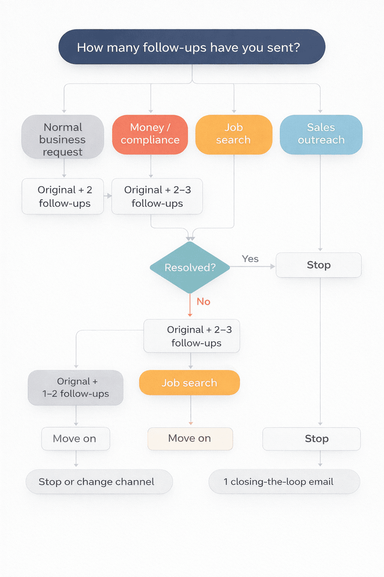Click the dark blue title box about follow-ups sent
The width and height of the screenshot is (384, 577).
[x=192, y=47]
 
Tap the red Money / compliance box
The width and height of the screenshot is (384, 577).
[x=150, y=134]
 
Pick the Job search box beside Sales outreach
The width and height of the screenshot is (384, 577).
[x=234, y=134]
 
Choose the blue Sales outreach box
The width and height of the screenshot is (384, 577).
[x=321, y=134]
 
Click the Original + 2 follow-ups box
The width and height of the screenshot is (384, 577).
[x=63, y=196]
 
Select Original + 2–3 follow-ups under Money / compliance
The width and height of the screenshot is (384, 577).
[x=157, y=196]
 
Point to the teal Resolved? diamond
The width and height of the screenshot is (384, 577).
[x=190, y=267]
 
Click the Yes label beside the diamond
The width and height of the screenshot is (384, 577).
[x=250, y=259]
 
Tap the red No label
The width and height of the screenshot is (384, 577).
[x=203, y=302]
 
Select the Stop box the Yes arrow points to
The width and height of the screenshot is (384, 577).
[x=319, y=265]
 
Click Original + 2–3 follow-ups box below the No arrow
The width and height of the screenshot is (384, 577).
[x=192, y=336]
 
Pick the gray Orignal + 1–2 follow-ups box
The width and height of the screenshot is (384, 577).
[x=75, y=388]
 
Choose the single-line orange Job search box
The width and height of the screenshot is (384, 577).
[x=189, y=383]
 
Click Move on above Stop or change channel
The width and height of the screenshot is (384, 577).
[x=75, y=439]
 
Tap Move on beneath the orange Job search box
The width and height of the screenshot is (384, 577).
[x=190, y=438]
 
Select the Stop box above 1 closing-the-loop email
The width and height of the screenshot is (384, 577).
[x=312, y=439]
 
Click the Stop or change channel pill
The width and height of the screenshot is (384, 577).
[x=99, y=482]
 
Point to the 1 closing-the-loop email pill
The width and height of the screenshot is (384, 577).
[x=284, y=482]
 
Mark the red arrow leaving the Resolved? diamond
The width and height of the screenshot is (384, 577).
[x=190, y=305]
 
